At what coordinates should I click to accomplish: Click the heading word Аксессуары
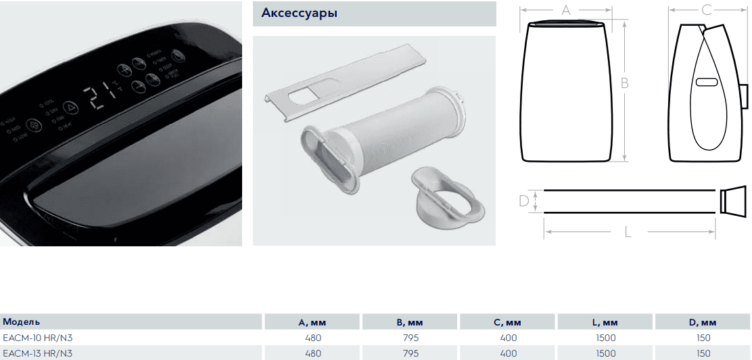(300, 13)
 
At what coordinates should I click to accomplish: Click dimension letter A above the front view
(567, 10)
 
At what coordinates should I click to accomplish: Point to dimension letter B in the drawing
(625, 83)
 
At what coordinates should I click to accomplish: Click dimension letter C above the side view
(706, 10)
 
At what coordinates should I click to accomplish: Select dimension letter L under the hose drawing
(628, 232)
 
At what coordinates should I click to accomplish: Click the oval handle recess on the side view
(706, 82)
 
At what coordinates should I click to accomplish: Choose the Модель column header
(22, 321)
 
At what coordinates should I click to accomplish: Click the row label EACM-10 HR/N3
(38, 337)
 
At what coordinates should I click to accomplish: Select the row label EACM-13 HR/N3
(38, 353)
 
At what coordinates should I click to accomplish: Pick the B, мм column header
(410, 322)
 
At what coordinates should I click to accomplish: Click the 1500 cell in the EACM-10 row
(606, 337)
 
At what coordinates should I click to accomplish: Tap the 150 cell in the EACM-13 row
(703, 353)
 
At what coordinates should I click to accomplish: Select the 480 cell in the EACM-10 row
(313, 337)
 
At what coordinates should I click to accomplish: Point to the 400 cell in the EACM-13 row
(509, 353)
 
